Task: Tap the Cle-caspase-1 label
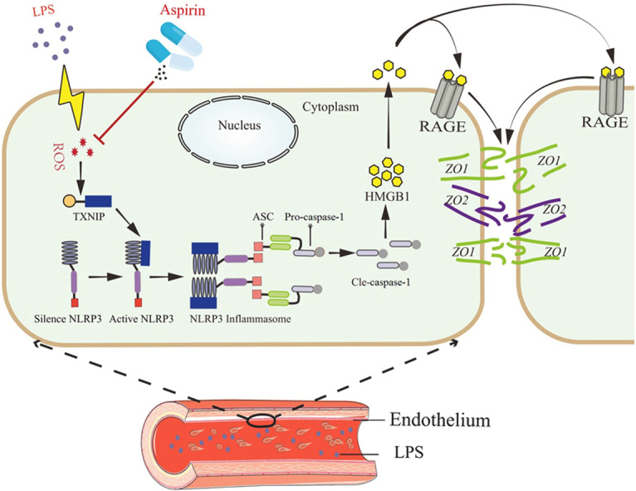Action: pos(387,292)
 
